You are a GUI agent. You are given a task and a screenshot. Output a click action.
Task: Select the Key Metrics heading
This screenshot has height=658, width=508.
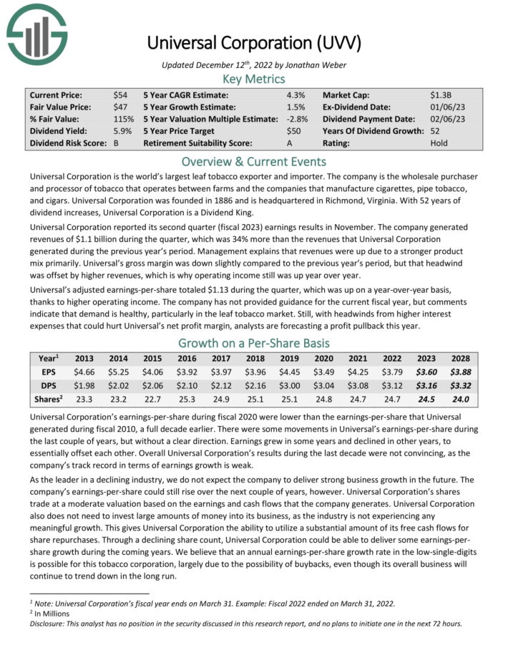(253, 79)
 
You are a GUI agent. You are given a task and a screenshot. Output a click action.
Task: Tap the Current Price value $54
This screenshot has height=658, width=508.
(120, 95)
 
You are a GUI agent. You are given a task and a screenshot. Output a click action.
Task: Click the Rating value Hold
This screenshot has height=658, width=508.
(439, 144)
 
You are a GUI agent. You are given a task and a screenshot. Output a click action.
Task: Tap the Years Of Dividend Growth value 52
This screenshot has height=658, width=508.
(436, 132)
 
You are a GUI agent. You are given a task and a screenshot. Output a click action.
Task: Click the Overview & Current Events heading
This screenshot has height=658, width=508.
(253, 161)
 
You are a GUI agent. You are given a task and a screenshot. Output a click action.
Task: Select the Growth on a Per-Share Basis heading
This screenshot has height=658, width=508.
(253, 342)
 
